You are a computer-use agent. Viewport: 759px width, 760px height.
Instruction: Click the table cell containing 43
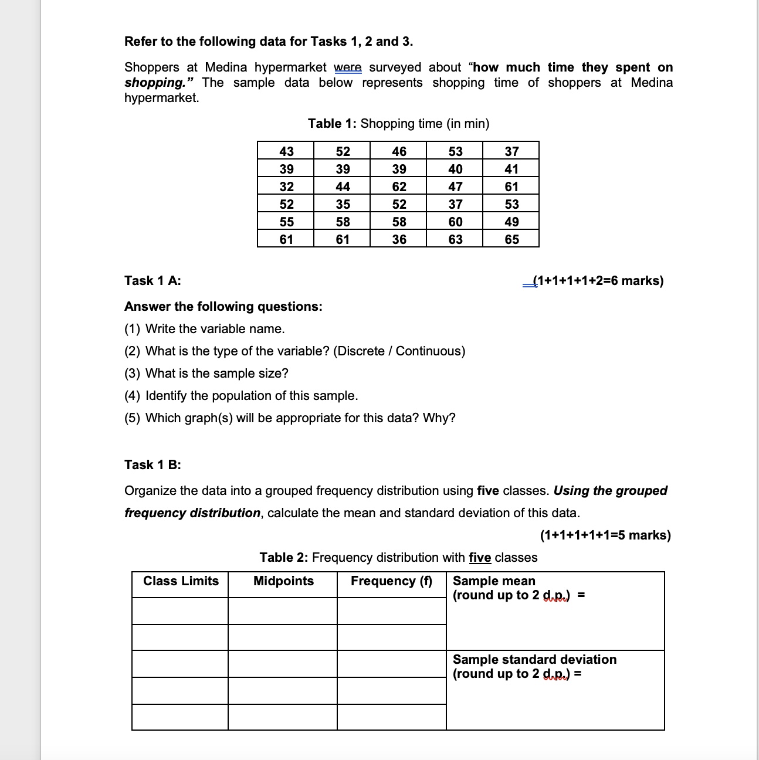pos(286,151)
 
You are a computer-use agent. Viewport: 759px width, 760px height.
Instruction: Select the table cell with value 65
pos(511,239)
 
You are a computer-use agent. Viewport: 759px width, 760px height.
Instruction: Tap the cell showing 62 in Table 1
pos(399,186)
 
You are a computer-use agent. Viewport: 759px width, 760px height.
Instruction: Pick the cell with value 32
pos(286,186)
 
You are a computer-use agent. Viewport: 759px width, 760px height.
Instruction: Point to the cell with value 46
pos(399,151)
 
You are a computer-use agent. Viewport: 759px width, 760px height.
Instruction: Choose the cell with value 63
pos(455,239)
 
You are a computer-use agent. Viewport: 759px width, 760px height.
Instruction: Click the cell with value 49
pos(511,222)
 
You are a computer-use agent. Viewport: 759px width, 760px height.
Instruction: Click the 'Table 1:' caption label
pos(332,123)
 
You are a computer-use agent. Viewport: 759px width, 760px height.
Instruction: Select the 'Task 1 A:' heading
pos(153,280)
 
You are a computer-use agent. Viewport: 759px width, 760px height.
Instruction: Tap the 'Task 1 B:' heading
pos(153,464)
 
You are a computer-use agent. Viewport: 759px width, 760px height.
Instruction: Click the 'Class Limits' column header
pos(181,581)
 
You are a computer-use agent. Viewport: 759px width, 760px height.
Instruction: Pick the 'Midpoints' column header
pos(283,581)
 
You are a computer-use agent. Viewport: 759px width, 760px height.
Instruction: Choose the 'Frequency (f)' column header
pos(391,581)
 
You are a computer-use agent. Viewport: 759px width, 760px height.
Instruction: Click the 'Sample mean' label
pos(494,581)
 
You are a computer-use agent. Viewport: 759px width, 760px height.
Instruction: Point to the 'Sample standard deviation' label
pos(534,659)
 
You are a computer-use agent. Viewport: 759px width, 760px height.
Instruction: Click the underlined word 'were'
pos(348,67)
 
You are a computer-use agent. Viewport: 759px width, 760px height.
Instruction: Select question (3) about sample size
pos(206,373)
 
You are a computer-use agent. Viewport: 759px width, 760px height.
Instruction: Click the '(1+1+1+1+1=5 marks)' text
pos(605,535)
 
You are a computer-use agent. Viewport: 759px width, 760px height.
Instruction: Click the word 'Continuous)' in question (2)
pos(431,351)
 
